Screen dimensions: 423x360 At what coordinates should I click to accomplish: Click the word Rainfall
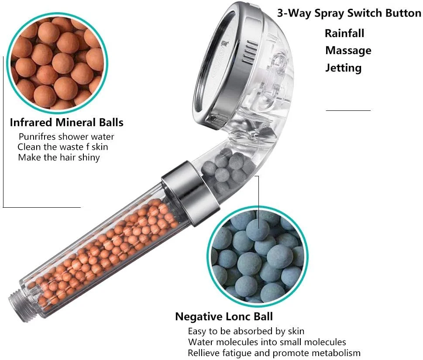point(344,34)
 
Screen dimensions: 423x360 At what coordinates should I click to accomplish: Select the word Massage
point(348,51)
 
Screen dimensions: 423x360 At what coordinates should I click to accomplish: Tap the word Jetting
point(343,68)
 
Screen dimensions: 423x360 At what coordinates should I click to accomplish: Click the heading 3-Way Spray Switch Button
point(349,13)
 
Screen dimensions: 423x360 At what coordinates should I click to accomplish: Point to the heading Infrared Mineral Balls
point(67,123)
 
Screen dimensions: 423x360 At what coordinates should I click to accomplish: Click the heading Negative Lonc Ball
point(224,317)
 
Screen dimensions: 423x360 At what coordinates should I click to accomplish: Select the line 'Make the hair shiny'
point(59,158)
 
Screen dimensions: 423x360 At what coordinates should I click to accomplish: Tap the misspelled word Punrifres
point(38,137)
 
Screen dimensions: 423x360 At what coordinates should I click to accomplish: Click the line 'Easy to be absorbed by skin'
point(246,331)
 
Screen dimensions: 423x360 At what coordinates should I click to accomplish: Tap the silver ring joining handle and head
point(191,193)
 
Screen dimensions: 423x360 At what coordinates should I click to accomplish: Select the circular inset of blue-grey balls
point(258,257)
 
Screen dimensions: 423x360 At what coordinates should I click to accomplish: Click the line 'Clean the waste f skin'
point(62,147)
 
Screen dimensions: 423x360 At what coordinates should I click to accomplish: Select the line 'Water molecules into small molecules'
point(267,342)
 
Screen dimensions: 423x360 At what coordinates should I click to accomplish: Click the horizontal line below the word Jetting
point(348,110)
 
